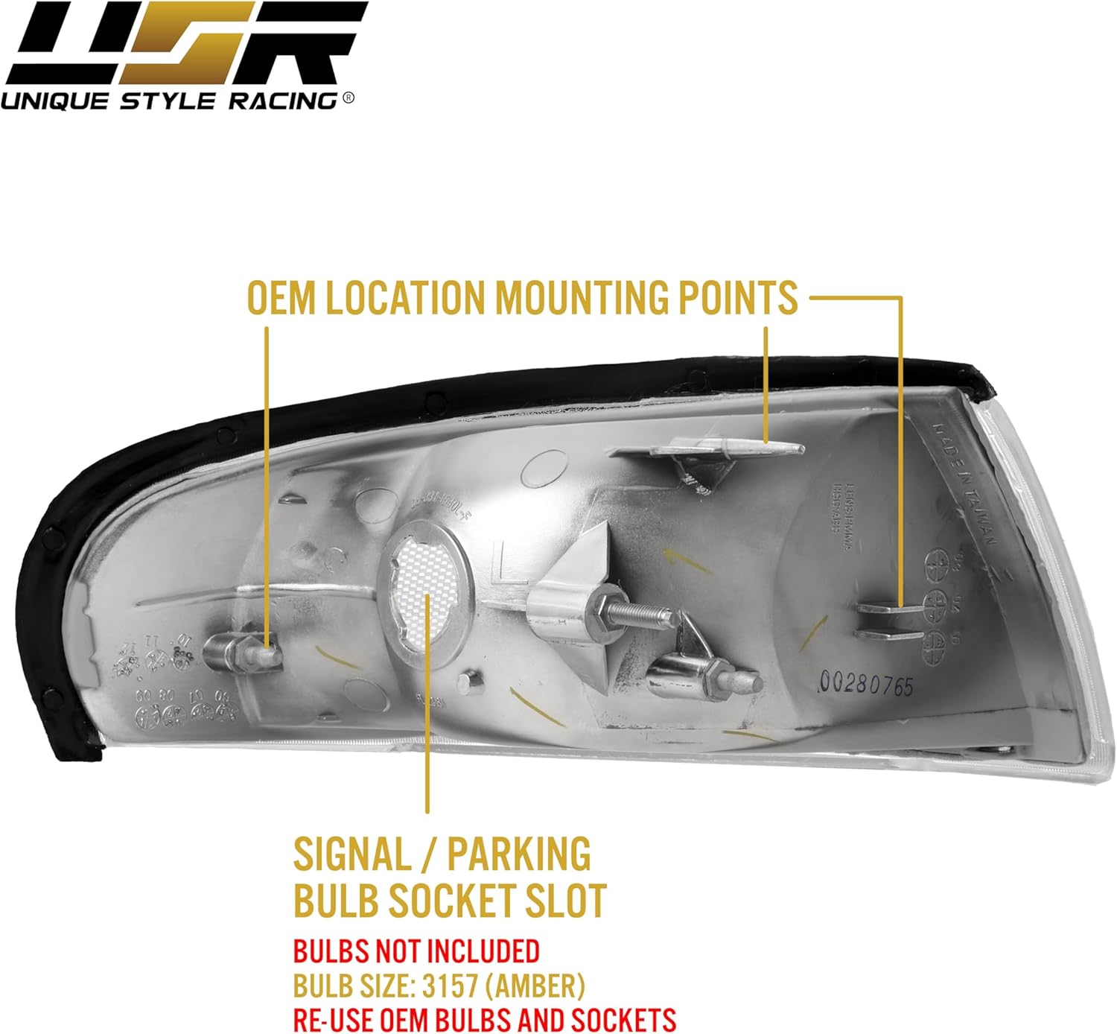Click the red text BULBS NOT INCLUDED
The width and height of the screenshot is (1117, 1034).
pos(416,951)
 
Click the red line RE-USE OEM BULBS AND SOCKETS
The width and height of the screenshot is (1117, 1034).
pos(484,1019)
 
